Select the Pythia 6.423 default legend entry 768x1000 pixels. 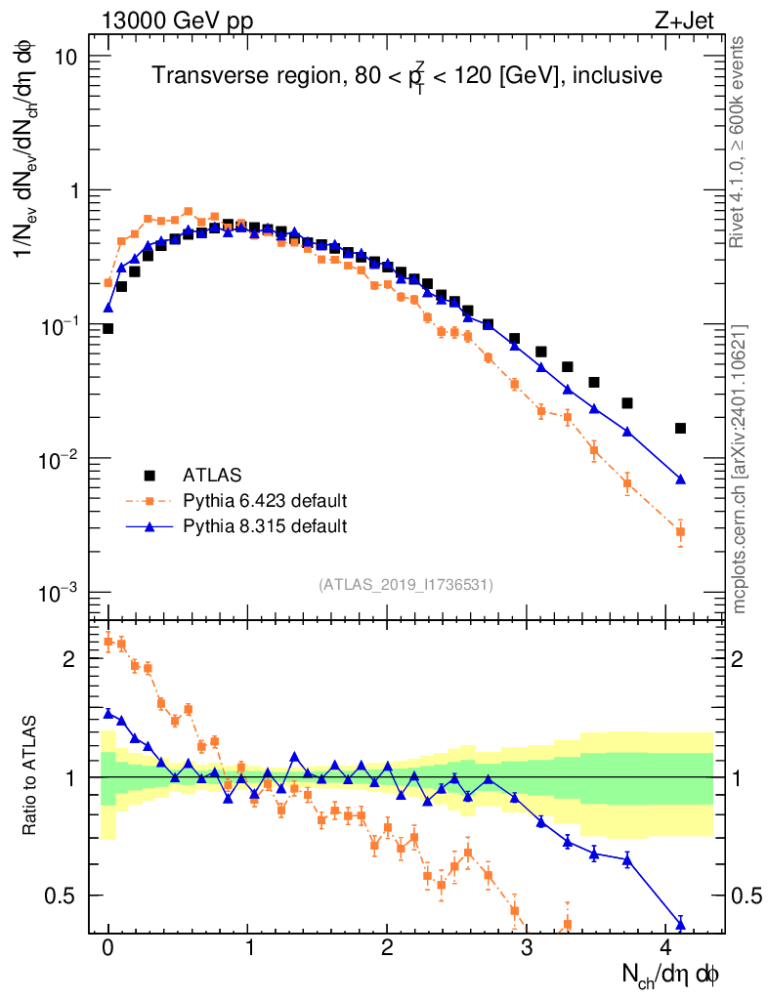pos(265,501)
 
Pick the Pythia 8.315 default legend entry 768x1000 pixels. pos(265,526)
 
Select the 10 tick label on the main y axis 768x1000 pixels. pos(66,57)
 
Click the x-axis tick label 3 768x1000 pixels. pos(529,949)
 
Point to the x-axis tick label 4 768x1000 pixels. pos(667,949)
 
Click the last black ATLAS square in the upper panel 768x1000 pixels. pos(680,428)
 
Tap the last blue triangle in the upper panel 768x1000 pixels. pos(680,479)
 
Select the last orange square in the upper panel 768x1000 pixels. pos(680,532)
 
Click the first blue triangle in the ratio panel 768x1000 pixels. pos(108,713)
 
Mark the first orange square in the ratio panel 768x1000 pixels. pos(108,641)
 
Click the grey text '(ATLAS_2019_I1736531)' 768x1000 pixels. pos(405,584)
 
